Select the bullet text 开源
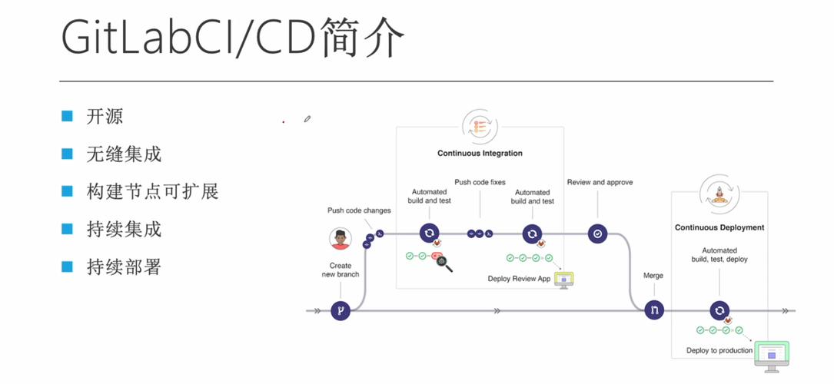pyautogui.click(x=105, y=117)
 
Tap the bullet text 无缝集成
pyautogui.click(x=124, y=154)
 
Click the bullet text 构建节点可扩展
pyautogui.click(x=152, y=191)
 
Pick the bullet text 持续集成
pyautogui.click(x=124, y=229)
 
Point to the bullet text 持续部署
pyautogui.click(x=124, y=266)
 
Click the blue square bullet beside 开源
pyautogui.click(x=67, y=117)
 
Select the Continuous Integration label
pyautogui.click(x=480, y=153)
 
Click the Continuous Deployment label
pyautogui.click(x=719, y=227)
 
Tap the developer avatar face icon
pyautogui.click(x=340, y=239)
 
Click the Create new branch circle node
pyautogui.click(x=341, y=310)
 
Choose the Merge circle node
pyautogui.click(x=654, y=310)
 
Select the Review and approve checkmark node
pyautogui.click(x=598, y=233)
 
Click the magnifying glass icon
pyautogui.click(x=444, y=264)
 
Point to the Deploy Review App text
pyautogui.click(x=520, y=279)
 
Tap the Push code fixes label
pyautogui.click(x=480, y=182)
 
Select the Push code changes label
pyautogui.click(x=359, y=210)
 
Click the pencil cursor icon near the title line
pyautogui.click(x=307, y=118)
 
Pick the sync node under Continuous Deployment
pyautogui.click(x=719, y=310)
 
